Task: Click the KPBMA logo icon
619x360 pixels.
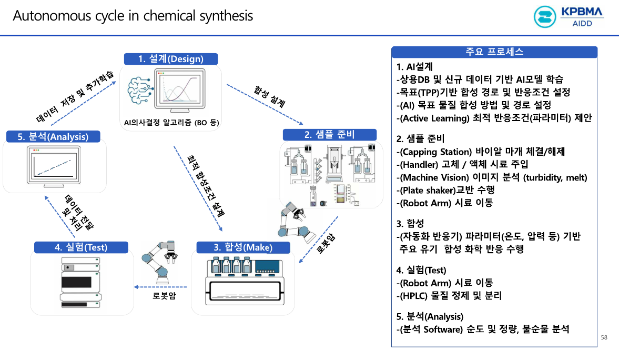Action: (545, 17)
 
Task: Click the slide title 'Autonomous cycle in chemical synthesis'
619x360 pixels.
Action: (133, 16)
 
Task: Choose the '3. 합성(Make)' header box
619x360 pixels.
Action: (242, 247)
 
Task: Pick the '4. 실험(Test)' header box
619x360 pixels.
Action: (81, 247)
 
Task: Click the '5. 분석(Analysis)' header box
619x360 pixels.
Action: (53, 137)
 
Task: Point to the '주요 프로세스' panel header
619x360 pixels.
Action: (494, 52)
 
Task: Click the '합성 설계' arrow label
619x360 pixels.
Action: (269, 96)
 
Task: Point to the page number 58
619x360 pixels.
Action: (604, 337)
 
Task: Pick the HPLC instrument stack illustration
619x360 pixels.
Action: (80, 285)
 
